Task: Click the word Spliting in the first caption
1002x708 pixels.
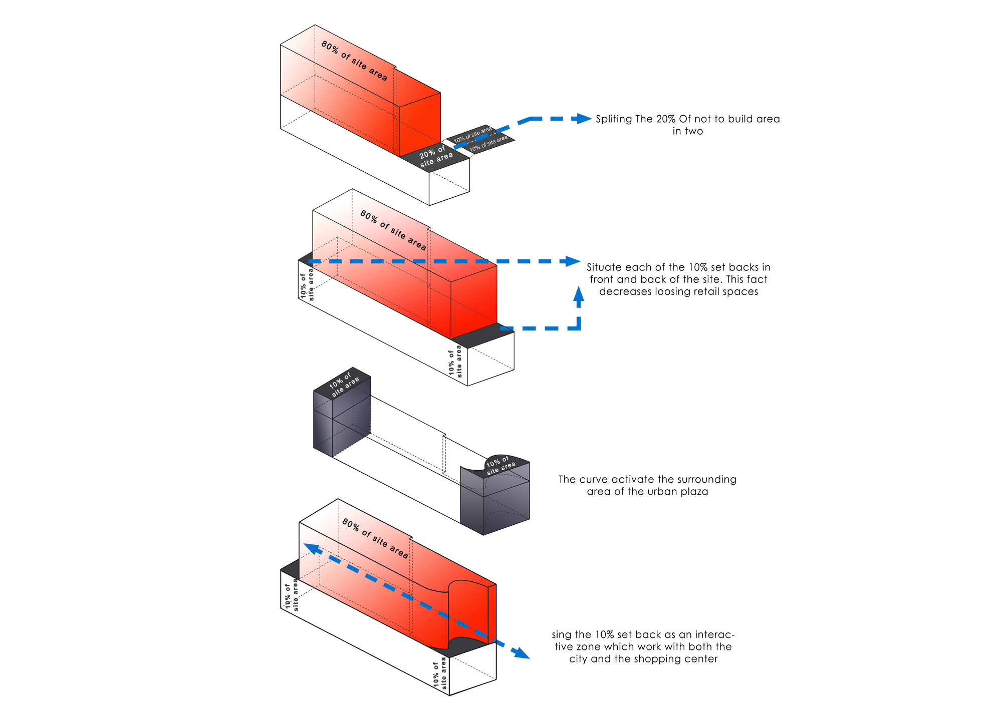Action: (614, 119)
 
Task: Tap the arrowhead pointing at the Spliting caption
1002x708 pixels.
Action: (584, 119)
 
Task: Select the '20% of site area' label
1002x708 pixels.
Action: (436, 156)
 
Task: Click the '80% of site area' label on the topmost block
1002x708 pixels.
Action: (354, 61)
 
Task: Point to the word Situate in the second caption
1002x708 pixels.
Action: (605, 267)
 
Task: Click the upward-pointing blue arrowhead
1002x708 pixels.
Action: (579, 293)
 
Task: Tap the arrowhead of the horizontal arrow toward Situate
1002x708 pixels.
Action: (573, 261)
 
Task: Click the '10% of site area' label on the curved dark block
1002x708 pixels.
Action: (500, 465)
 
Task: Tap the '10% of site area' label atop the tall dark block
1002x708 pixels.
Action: (344, 385)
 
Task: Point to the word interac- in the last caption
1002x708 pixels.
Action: (715, 635)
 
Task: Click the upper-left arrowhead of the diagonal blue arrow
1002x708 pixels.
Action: (311, 548)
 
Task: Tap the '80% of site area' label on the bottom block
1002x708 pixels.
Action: (375, 538)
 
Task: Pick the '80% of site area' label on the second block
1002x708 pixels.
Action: (393, 231)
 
